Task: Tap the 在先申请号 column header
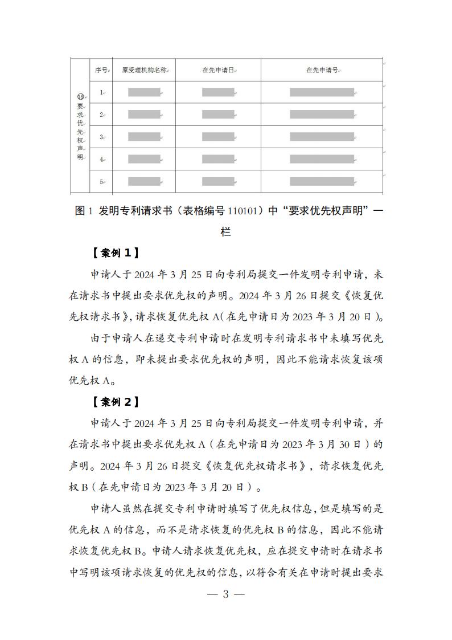[x=322, y=70]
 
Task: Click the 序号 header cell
[x=101, y=70]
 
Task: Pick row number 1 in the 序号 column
[x=101, y=92]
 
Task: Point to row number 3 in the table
[x=101, y=137]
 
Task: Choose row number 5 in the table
[x=101, y=182]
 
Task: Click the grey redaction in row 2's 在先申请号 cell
[x=322, y=114]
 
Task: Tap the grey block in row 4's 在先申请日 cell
[x=218, y=159]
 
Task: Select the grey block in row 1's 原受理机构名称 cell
[x=144, y=92]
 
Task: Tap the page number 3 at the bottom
[x=225, y=594]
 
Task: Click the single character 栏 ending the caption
[x=225, y=233]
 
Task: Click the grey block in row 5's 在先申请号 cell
[x=322, y=182]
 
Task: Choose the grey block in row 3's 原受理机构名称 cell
[x=144, y=137]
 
